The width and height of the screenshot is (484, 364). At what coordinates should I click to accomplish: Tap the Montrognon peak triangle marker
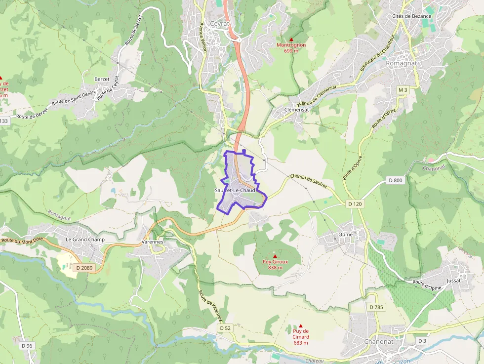(x=291, y=40)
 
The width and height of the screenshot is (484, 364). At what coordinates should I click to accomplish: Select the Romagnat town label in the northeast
(x=401, y=63)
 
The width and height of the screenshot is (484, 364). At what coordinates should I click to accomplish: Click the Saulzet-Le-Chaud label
(x=235, y=190)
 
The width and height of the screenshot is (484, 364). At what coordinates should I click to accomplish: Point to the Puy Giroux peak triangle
(x=275, y=256)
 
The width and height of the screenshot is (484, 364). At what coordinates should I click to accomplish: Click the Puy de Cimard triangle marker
(x=300, y=325)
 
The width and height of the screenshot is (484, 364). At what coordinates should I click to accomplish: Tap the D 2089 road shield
(x=84, y=268)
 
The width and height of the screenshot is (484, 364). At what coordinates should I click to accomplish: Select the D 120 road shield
(x=355, y=203)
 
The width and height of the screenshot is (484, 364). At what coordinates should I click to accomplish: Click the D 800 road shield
(x=396, y=180)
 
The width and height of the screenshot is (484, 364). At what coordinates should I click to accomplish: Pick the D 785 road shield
(x=376, y=307)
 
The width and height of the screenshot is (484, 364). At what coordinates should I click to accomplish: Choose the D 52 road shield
(x=225, y=328)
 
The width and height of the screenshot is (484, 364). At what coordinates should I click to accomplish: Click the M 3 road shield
(x=403, y=90)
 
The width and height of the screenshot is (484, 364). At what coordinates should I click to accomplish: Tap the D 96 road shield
(x=27, y=346)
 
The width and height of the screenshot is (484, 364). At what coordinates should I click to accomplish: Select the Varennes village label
(x=153, y=242)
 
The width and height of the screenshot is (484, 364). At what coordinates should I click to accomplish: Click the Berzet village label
(x=102, y=79)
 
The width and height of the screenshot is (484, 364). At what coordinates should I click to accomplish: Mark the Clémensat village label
(x=297, y=110)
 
